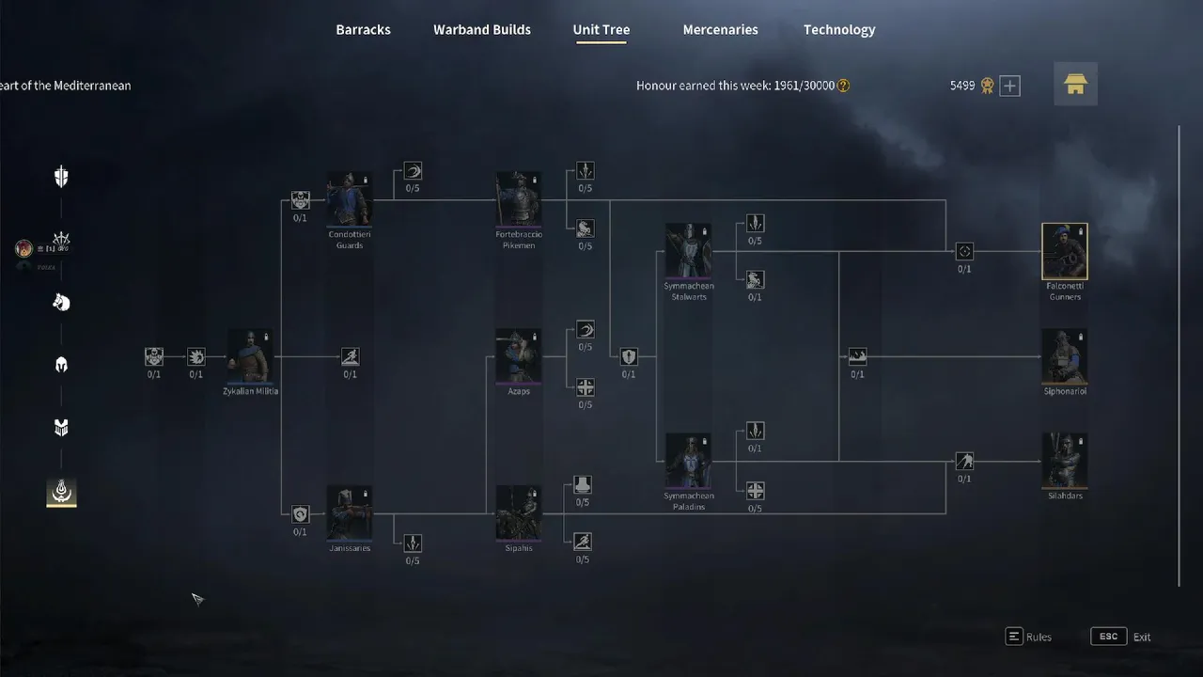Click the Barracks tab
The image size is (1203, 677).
363,30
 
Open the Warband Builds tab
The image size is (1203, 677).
482,30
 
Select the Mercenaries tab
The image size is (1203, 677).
720,30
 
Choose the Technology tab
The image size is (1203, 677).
839,30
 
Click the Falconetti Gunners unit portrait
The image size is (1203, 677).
1065,251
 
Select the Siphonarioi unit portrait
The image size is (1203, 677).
1065,356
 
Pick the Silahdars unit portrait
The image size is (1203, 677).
1065,461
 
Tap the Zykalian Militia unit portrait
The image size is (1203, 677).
250,356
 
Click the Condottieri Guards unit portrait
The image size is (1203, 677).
349,199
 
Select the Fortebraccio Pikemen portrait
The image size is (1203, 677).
518,199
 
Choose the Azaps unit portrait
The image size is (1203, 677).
518,356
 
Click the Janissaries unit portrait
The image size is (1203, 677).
349,513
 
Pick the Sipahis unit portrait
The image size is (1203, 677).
518,513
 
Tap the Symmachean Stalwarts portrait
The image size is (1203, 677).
688,251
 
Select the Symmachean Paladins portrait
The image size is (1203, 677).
688,461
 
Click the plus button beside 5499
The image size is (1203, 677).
1009,87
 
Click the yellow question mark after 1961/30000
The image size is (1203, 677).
843,86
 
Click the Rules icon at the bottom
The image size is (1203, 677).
1014,637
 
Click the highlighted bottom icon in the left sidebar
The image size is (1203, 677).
61,491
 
